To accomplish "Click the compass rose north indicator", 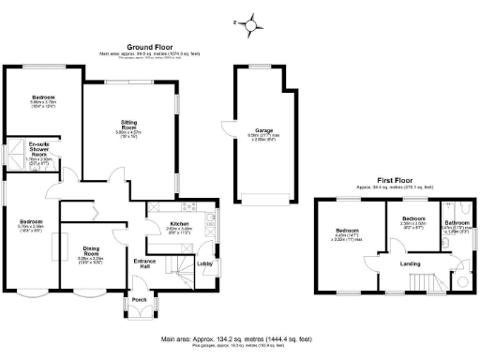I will pos(249,21).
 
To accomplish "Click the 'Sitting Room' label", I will pos(129,123).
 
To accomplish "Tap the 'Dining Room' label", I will pos(91,249).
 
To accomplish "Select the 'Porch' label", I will pos(139,300).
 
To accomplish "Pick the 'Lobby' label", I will pos(205,263).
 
